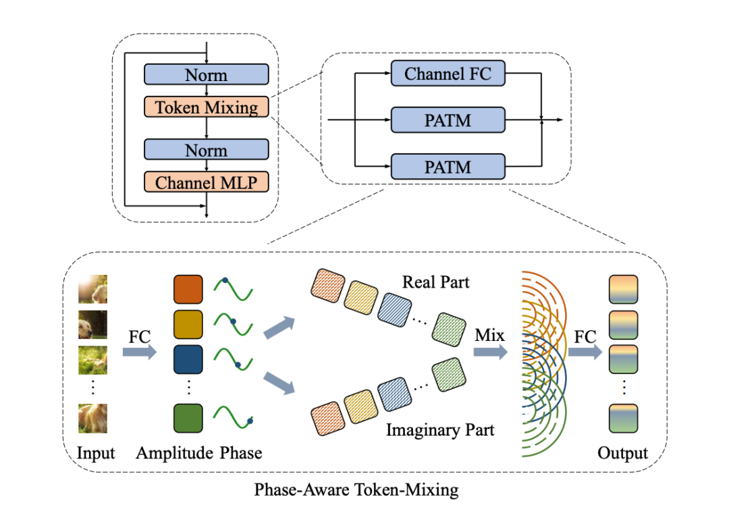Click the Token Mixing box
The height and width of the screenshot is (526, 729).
click(207, 107)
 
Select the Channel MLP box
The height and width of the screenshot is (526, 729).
click(207, 182)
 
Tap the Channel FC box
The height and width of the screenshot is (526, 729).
click(448, 74)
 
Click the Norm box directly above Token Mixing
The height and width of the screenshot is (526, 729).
click(207, 75)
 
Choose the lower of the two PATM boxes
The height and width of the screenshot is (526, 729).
click(448, 165)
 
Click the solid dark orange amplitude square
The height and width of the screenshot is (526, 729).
click(188, 288)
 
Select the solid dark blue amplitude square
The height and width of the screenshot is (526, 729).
click(188, 359)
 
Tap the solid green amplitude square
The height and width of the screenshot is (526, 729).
click(188, 417)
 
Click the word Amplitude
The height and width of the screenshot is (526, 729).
click(174, 453)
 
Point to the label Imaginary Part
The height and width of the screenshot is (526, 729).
click(440, 429)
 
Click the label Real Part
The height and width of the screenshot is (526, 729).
click(435, 281)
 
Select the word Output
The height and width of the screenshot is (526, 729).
click(622, 453)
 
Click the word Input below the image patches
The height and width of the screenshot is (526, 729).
click(96, 453)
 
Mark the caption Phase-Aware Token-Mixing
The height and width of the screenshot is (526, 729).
click(356, 490)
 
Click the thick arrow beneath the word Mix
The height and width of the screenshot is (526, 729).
click(490, 352)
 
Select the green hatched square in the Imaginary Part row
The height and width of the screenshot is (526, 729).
click(446, 371)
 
